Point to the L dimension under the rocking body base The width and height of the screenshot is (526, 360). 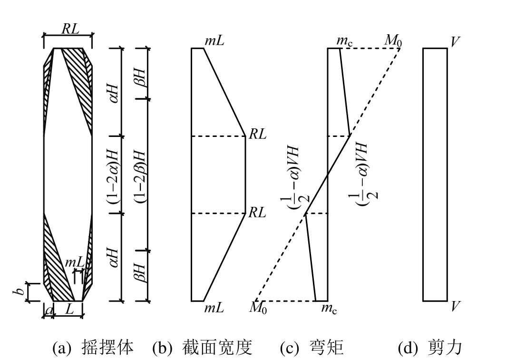(x=69, y=310)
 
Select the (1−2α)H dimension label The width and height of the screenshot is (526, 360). (x=114, y=175)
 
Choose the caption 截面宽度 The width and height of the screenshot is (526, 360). (x=216, y=349)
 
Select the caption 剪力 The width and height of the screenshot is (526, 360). (x=443, y=349)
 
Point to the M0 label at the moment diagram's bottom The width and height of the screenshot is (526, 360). (x=258, y=308)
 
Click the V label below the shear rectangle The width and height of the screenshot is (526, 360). (x=455, y=307)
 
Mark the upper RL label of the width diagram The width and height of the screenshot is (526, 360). (x=258, y=135)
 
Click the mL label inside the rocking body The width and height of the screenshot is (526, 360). (x=74, y=262)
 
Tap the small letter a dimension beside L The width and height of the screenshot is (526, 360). (x=49, y=310)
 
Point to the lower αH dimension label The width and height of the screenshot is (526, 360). (x=114, y=256)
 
